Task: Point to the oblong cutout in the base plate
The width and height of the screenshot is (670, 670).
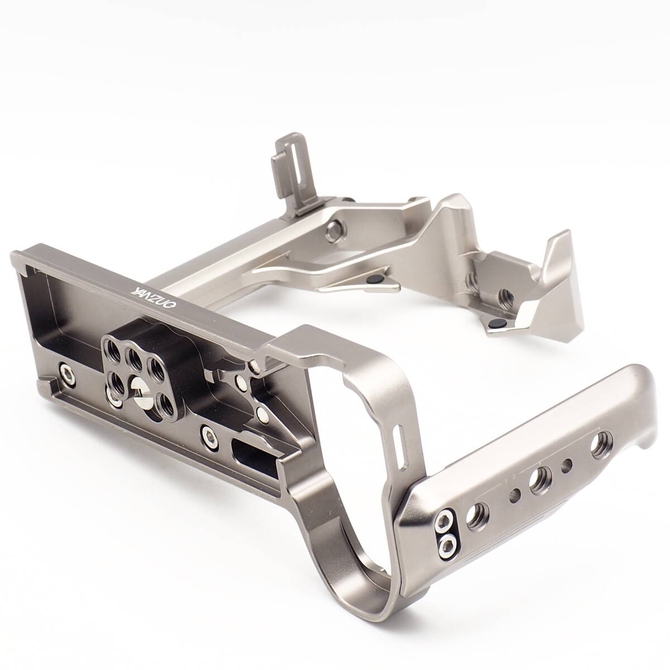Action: (249, 452)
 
